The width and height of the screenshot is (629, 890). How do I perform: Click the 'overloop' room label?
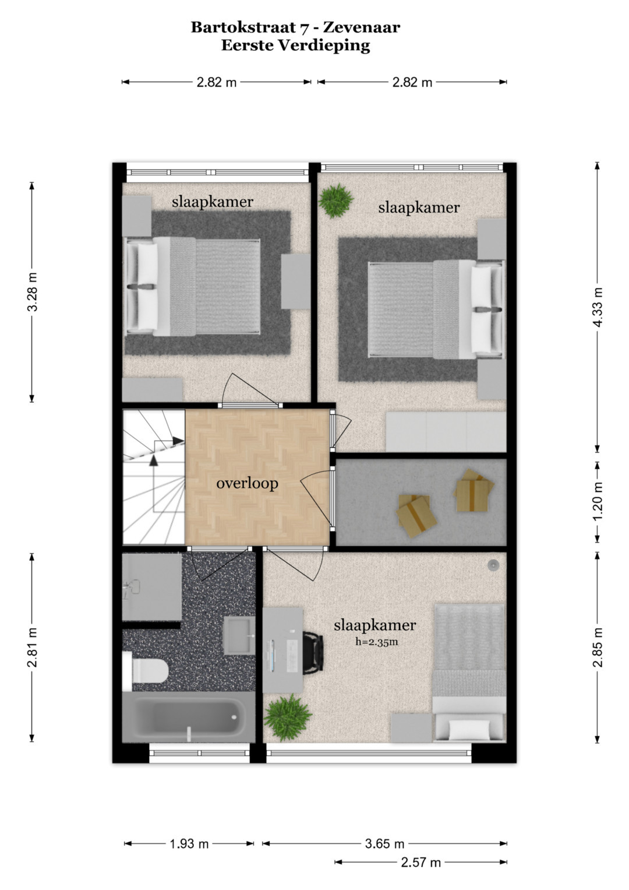[247, 484]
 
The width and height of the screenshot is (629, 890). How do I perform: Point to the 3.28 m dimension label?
[33, 292]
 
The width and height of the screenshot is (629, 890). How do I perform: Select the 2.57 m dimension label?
[421, 863]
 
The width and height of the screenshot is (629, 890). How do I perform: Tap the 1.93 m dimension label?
[189, 843]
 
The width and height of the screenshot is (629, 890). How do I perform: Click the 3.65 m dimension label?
[384, 843]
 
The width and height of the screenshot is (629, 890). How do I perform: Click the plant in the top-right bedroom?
[337, 200]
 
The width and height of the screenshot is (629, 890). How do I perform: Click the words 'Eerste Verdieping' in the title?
[295, 45]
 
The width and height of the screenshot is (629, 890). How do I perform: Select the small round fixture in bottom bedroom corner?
[493, 565]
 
